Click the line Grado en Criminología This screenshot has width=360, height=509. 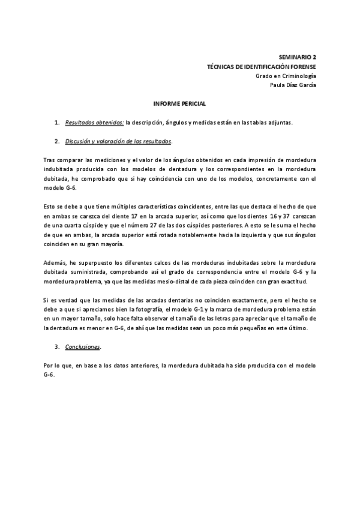286,75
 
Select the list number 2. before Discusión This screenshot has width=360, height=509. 57,142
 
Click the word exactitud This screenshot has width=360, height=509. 295,282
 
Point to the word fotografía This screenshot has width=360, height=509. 151,310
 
